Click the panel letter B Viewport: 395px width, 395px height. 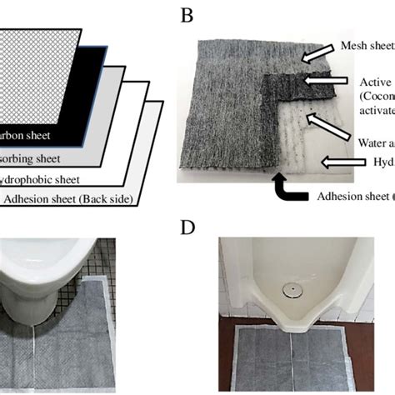186,15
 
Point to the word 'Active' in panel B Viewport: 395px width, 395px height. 376,82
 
